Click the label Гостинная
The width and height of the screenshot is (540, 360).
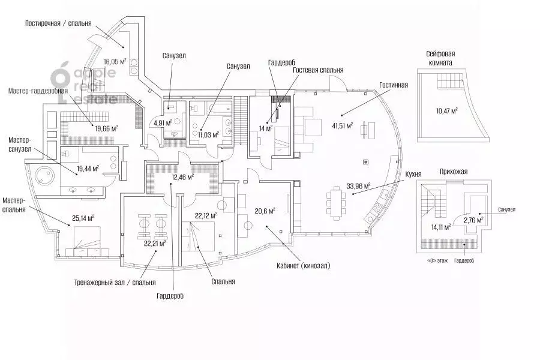(x=394, y=85)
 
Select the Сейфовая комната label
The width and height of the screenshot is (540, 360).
(x=440, y=58)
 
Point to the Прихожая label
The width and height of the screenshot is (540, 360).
(x=453, y=172)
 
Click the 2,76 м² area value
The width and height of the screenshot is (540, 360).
(x=474, y=220)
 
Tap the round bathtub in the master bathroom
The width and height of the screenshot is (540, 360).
(x=44, y=176)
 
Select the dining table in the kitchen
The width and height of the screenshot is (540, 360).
(x=336, y=203)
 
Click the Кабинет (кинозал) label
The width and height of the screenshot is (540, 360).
(x=304, y=266)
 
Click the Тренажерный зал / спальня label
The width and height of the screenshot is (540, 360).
(x=115, y=283)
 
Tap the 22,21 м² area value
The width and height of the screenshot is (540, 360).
(x=155, y=244)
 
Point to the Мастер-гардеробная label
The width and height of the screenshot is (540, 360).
(x=38, y=91)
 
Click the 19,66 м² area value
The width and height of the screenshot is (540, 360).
(x=106, y=128)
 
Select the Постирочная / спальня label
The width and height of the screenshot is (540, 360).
(x=58, y=23)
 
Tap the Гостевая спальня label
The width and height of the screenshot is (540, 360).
(x=318, y=70)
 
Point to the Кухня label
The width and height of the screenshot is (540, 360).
(x=413, y=175)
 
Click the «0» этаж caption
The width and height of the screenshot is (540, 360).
(x=437, y=261)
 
